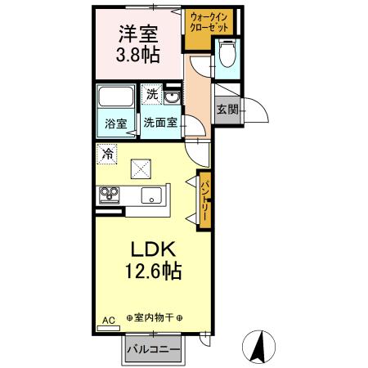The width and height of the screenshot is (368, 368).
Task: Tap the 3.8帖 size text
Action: click(x=137, y=56)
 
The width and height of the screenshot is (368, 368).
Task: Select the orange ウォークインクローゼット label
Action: click(x=209, y=22)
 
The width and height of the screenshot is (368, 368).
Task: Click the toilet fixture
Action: click(x=228, y=56)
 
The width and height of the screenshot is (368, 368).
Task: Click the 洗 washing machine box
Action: click(x=150, y=95)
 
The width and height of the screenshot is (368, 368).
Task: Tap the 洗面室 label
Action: click(x=160, y=123)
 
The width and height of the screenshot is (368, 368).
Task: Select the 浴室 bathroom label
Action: click(x=115, y=124)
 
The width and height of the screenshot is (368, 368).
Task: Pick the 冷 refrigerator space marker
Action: click(x=107, y=152)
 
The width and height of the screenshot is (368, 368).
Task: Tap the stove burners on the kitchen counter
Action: click(x=109, y=195)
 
